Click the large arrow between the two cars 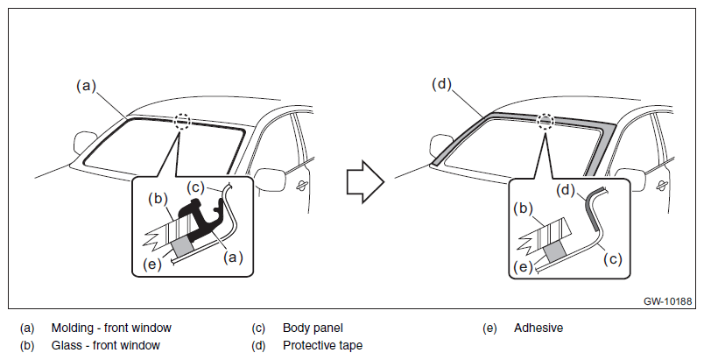tap(365, 182)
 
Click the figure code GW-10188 tap(667, 301)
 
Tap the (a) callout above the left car tap(86, 86)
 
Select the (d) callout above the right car tap(442, 84)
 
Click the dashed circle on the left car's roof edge tap(182, 120)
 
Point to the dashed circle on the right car tap(545, 121)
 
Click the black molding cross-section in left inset tap(200, 216)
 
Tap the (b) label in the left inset tap(158, 199)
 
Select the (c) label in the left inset tap(196, 187)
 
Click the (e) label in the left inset tap(152, 264)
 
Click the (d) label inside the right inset tap(566, 190)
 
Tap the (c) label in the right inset tap(612, 259)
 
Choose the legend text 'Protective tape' tap(322, 345)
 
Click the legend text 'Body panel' tap(313, 328)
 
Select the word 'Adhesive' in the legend tap(539, 328)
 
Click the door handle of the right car tap(662, 184)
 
